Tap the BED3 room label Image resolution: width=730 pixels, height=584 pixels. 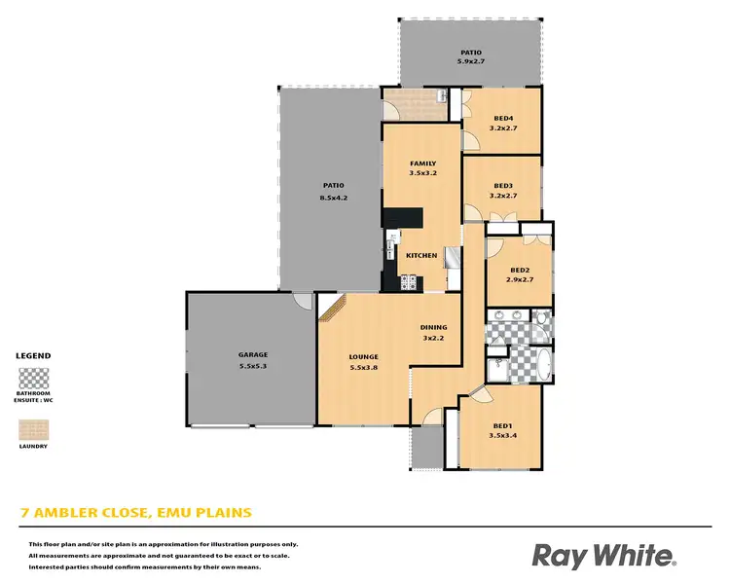[x=503, y=186]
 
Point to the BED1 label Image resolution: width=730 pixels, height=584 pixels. [x=502, y=426]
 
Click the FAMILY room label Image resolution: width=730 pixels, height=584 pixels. [x=422, y=164]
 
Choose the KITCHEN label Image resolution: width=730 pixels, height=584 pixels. [x=421, y=255]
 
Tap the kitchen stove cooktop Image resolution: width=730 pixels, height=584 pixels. [x=409, y=283]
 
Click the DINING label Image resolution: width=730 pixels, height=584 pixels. [x=434, y=327]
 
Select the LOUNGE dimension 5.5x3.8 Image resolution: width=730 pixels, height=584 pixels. [x=364, y=368]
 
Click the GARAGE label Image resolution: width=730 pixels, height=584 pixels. [x=252, y=354]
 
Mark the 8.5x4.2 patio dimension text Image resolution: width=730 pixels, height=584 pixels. [x=334, y=198]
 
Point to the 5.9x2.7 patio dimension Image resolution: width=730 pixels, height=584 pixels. [x=471, y=62]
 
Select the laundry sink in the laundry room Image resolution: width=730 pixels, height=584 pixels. [x=443, y=95]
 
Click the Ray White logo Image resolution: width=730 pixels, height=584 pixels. [x=603, y=555]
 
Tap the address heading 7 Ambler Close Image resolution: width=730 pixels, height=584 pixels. [x=137, y=511]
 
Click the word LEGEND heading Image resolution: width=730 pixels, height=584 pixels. [x=34, y=356]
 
